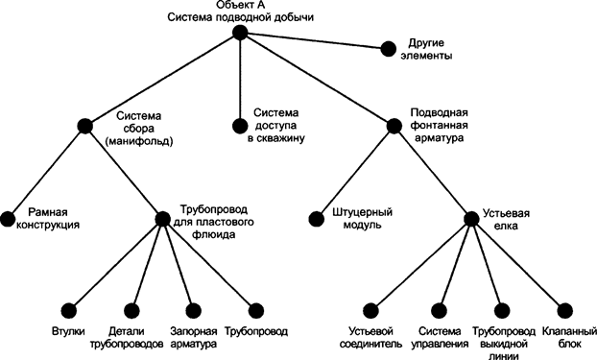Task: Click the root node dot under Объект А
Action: (240, 34)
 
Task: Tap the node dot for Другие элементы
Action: (389, 48)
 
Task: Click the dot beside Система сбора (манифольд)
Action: (85, 125)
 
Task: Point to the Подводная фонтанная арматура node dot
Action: (394, 125)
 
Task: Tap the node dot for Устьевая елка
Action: (470, 218)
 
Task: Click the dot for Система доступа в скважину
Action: (240, 125)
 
